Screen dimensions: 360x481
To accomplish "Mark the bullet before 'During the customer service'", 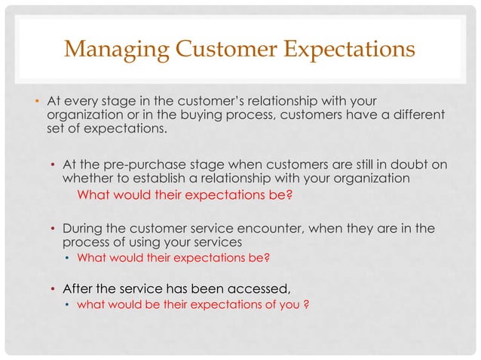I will pos(52,229).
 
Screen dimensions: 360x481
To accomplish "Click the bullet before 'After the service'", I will pos(52,289).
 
